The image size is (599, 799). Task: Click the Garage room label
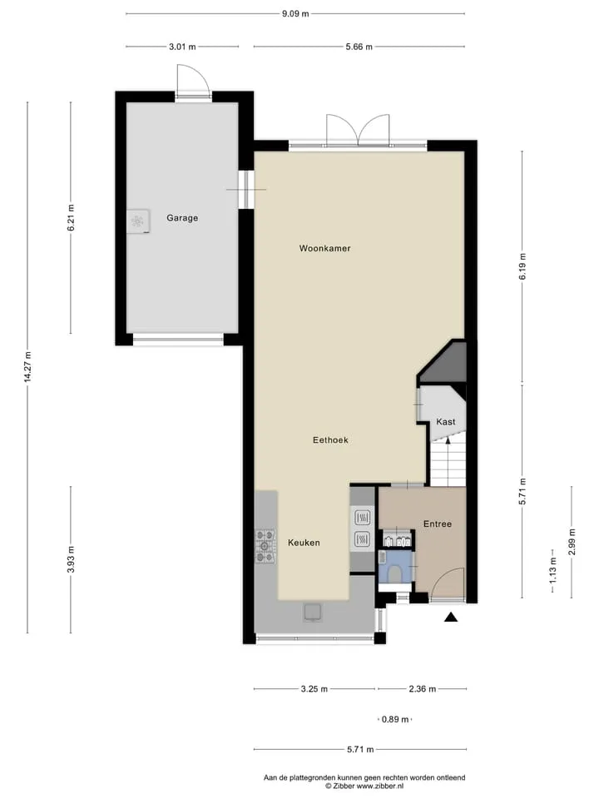(182, 217)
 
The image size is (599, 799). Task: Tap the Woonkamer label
(325, 248)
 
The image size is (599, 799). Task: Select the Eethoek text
(330, 439)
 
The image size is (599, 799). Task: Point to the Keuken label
(304, 543)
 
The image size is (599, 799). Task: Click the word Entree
(438, 524)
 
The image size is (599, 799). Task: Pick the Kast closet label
(446, 421)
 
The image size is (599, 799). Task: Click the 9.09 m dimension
(295, 14)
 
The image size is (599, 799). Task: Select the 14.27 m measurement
(28, 367)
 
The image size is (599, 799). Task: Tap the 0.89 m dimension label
(395, 719)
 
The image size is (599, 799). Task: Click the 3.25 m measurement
(314, 689)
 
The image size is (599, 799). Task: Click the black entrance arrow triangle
(451, 618)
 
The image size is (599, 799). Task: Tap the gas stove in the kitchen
(265, 546)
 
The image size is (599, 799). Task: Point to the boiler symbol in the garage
(138, 221)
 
